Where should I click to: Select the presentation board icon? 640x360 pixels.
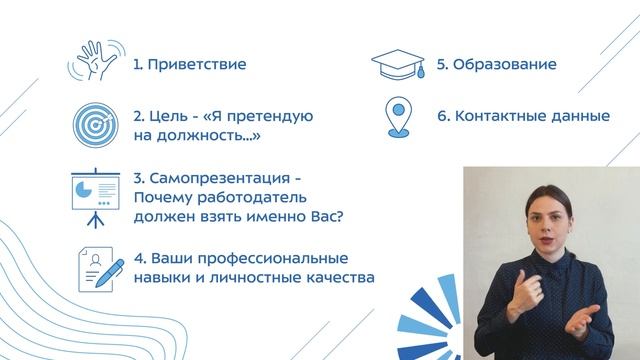[97, 193]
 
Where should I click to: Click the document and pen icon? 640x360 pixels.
[99, 266]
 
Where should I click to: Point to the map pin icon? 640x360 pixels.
[399, 117]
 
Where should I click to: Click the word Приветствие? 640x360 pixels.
[197, 65]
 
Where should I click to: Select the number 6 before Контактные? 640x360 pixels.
[443, 116]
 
